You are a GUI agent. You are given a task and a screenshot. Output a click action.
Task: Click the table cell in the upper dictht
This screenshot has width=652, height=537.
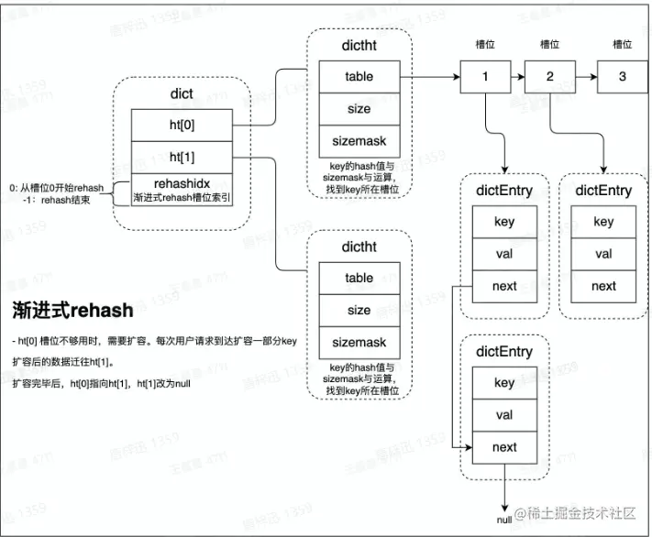[359, 77]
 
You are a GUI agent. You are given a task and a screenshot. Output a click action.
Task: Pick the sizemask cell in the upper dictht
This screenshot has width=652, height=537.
[359, 142]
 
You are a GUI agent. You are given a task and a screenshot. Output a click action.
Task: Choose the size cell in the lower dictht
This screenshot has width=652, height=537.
[359, 310]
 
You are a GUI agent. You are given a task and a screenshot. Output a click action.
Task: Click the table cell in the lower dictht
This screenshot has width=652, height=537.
[359, 278]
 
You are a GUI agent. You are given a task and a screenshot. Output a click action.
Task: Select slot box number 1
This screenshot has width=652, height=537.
[485, 77]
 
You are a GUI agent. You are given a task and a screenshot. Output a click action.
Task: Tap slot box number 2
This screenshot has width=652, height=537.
[550, 77]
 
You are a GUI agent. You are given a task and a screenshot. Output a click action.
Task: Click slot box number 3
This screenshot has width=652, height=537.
[623, 77]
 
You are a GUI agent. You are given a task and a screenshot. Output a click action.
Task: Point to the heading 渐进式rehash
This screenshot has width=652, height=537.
[72, 310]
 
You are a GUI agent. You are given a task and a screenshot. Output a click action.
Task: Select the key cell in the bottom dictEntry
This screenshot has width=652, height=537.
[504, 383]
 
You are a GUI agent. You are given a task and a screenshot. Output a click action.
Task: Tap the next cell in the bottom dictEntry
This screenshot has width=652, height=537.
[504, 447]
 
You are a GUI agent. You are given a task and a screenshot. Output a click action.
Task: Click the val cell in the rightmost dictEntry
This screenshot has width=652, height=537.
[603, 254]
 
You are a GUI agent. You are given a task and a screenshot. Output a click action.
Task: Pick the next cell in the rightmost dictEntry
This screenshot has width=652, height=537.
[603, 286]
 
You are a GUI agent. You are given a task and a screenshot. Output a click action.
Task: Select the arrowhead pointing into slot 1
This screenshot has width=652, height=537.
[455, 77]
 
